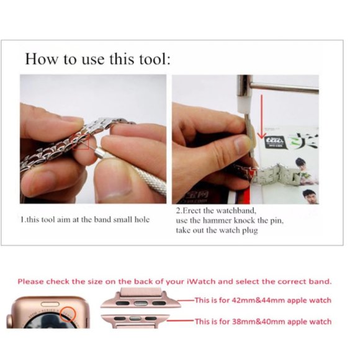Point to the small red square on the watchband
(81, 142)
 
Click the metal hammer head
(245, 86)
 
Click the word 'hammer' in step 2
(217, 220)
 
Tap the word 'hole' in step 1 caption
(142, 220)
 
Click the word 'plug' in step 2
(250, 230)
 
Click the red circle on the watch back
(67, 314)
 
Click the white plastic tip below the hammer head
(245, 104)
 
